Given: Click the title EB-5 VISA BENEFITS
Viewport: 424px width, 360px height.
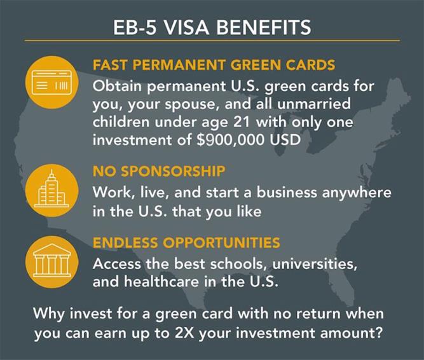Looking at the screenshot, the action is coord(212,27).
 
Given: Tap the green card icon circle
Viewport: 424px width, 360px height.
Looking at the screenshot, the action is coord(52,82).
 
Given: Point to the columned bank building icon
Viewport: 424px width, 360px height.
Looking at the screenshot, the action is coord(52,260).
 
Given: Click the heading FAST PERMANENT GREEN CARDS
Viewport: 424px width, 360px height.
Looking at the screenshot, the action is coord(214,65).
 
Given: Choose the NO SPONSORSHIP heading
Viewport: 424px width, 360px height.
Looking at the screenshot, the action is coord(159,171).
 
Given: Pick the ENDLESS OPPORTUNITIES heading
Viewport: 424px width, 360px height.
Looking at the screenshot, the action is coord(186,242).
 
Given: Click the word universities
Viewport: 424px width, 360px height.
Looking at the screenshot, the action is coord(315,264).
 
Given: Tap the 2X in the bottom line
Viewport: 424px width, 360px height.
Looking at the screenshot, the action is coord(184,333).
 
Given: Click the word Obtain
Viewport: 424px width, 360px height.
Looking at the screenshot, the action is coord(118,86).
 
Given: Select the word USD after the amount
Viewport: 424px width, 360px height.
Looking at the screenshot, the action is coord(285,140).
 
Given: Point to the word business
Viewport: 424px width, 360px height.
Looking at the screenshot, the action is coord(287,192).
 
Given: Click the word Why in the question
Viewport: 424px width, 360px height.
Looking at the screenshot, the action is coord(49,314).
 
